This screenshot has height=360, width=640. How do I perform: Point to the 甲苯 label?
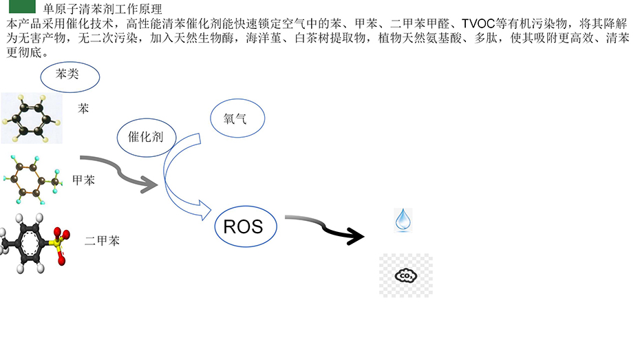click(84, 180)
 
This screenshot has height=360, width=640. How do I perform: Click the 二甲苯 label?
click(102, 241)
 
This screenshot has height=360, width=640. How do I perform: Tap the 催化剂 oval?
click(146, 137)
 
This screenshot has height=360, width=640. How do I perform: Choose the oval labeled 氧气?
click(235, 119)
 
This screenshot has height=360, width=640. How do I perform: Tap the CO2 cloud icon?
click(406, 276)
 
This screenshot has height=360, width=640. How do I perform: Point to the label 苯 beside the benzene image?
click(84, 109)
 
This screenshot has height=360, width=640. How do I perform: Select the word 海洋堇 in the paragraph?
click(264, 39)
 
